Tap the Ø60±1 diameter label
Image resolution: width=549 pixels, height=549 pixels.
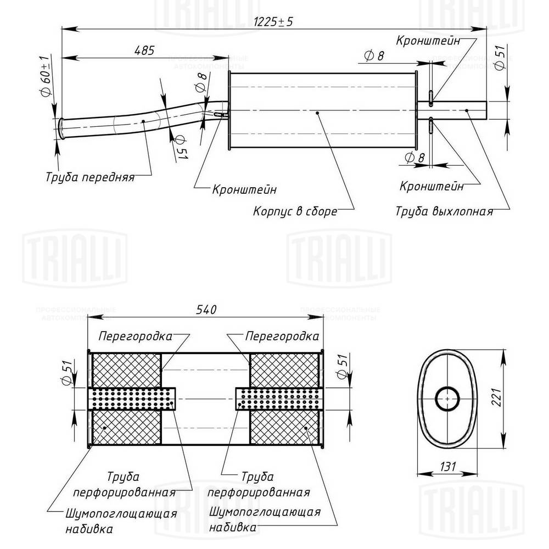pos(46,75)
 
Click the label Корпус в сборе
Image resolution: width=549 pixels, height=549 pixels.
pos(295,211)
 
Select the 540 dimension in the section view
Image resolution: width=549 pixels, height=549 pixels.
pos(205,310)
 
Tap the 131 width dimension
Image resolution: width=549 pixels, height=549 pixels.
pos(448,467)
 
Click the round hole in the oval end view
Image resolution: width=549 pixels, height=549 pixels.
pos(448,398)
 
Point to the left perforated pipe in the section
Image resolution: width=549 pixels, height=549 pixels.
pos(132,398)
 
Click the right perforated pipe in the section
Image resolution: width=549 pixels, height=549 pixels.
pos(279,398)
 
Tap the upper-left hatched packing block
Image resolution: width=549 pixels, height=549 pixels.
pos(126,369)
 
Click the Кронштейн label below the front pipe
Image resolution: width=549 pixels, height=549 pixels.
pos(244,190)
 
